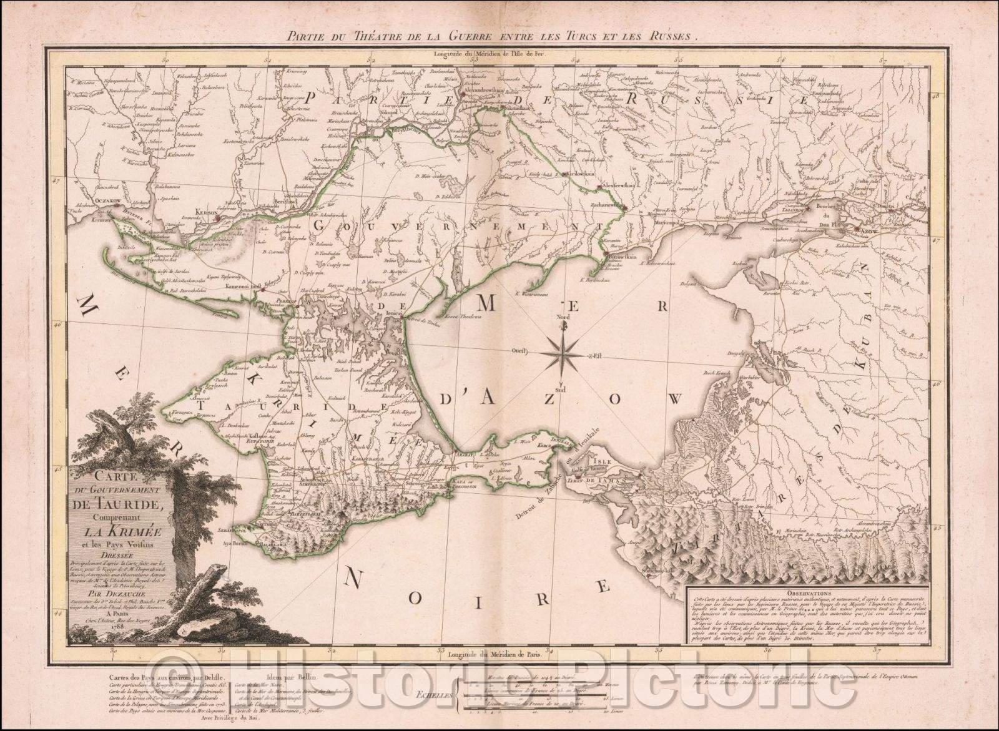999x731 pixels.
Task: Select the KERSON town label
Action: pyautogui.click(x=206, y=212)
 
